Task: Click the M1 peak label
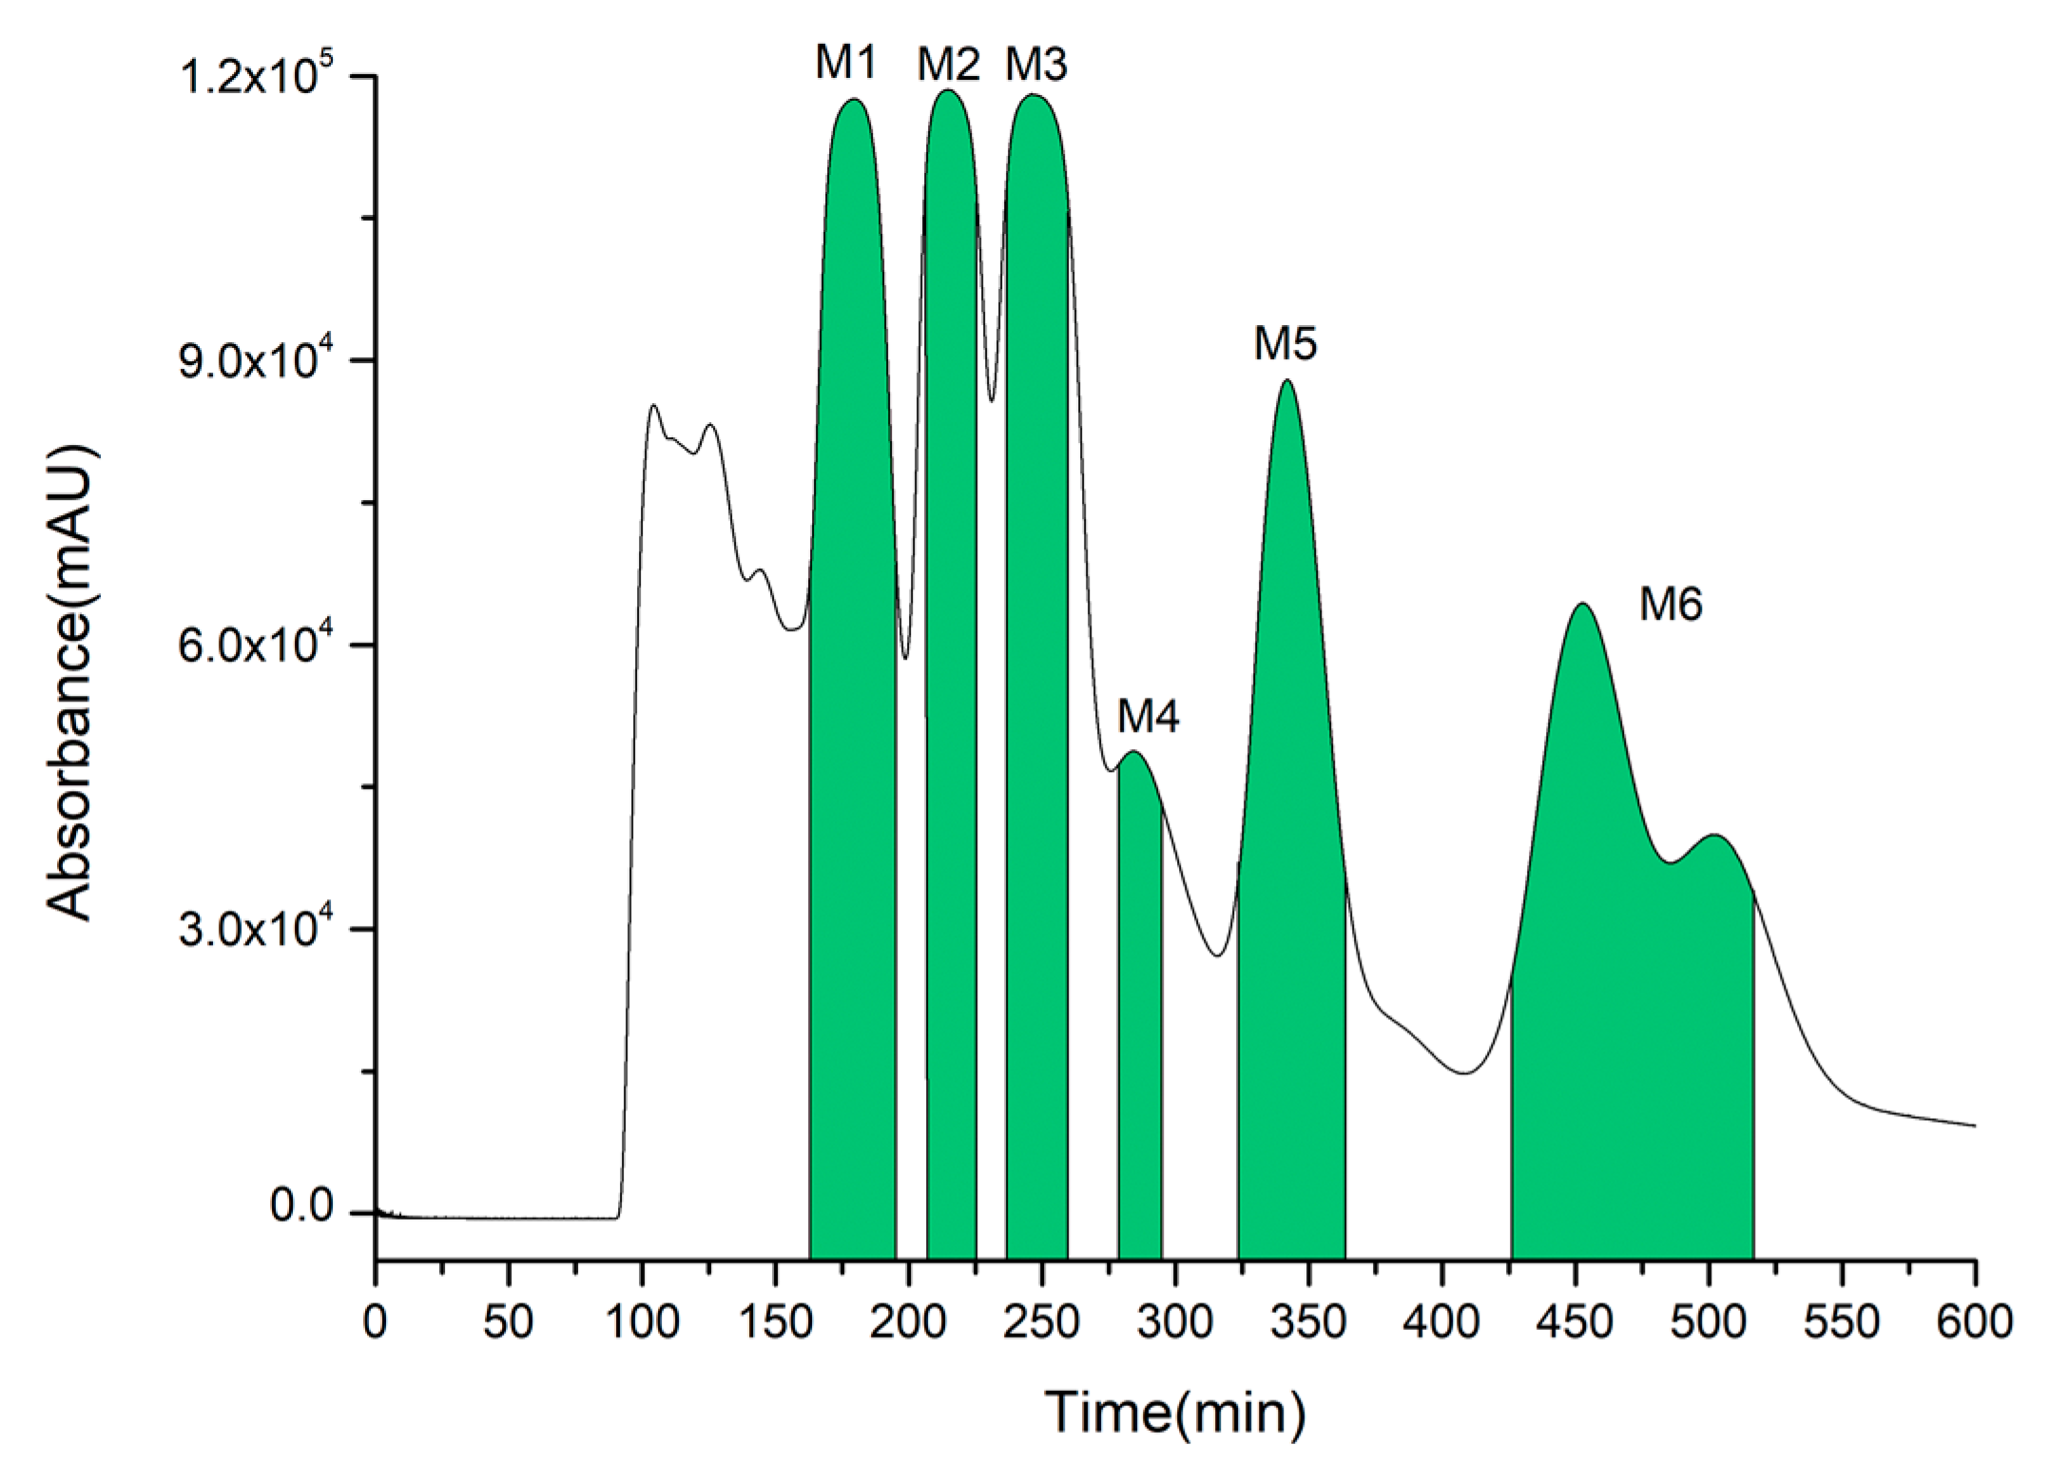click(845, 64)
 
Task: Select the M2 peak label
click(948, 64)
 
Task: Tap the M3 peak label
click(1036, 64)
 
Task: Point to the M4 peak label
click(1148, 717)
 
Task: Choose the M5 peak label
click(1285, 344)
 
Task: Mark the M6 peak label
click(1671, 605)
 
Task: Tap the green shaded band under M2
click(951, 761)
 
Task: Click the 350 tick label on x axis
click(1309, 1322)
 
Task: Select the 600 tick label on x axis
click(1976, 1322)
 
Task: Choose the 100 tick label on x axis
click(642, 1322)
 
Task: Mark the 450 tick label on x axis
click(1575, 1322)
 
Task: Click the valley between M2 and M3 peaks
click(992, 399)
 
